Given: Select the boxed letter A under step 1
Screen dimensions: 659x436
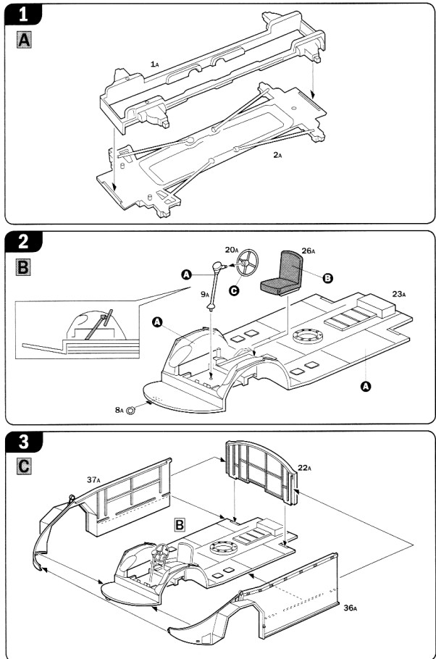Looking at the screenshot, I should [x=24, y=41].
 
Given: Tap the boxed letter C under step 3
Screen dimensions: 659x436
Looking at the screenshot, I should [x=24, y=465].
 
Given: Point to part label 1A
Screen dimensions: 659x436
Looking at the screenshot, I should [x=154, y=64].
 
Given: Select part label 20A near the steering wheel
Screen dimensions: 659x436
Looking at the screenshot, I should [x=231, y=250].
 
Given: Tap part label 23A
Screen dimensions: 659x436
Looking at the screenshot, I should [x=398, y=294].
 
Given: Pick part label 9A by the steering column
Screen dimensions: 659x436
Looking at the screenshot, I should [x=205, y=295].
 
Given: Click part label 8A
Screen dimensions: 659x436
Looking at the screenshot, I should [x=119, y=410].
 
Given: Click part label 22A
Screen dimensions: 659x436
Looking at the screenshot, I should [x=304, y=469].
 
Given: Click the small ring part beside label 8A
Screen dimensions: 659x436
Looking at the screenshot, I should [x=132, y=410].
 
